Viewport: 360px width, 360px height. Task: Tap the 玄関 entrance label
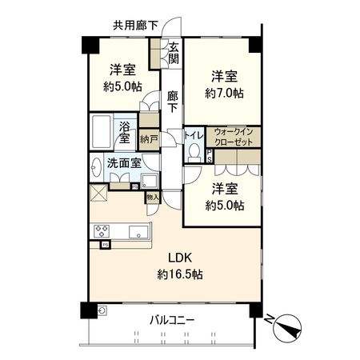(x=174, y=57)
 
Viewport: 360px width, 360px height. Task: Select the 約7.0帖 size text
(x=223, y=93)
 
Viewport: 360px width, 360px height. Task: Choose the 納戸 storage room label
(x=149, y=138)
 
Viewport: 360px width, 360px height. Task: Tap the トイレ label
(x=194, y=136)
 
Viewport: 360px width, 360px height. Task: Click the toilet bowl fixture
(x=193, y=152)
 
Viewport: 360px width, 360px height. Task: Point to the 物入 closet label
(x=153, y=197)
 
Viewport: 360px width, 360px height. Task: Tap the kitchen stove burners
(x=102, y=232)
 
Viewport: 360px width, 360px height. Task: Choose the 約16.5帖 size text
(x=179, y=274)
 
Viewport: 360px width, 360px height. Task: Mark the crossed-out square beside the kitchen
(x=98, y=193)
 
